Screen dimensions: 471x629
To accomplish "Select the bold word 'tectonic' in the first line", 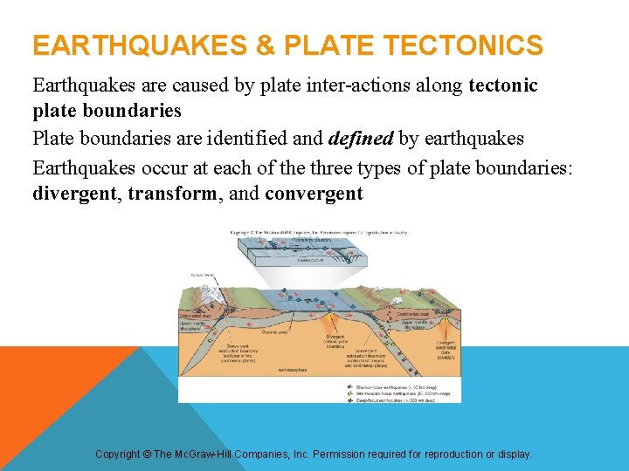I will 503,85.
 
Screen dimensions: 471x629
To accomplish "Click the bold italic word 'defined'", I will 361,139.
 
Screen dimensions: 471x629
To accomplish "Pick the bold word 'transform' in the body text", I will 173,193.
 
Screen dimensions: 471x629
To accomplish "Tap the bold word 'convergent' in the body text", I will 314,193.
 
